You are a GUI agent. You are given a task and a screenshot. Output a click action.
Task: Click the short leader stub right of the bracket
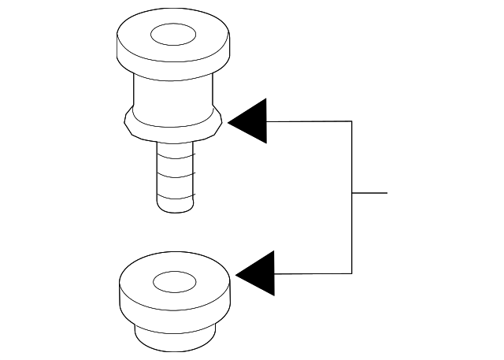[x=370, y=192]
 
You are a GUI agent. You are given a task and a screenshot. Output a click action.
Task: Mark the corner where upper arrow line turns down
[x=350, y=121]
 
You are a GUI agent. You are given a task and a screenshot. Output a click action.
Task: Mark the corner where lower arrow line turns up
[x=350, y=273]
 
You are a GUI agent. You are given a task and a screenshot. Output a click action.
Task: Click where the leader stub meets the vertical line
[x=350, y=192]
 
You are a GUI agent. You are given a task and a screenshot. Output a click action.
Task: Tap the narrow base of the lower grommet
[x=174, y=340]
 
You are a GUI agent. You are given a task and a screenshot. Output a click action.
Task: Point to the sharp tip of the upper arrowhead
[x=229, y=121]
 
